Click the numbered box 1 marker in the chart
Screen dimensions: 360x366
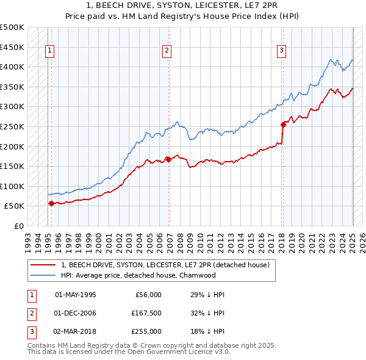pyautogui.click(x=49, y=51)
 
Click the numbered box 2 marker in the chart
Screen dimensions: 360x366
pyautogui.click(x=166, y=51)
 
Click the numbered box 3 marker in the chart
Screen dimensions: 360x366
pyautogui.click(x=282, y=51)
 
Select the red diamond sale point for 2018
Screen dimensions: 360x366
pyautogui.click(x=283, y=124)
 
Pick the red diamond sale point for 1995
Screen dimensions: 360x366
pyautogui.click(x=51, y=204)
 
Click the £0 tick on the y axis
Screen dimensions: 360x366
pyautogui.click(x=20, y=226)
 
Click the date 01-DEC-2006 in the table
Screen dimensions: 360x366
pyautogui.click(x=76, y=313)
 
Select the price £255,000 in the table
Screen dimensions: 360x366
pyautogui.click(x=146, y=331)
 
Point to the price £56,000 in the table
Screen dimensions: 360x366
pyautogui.click(x=148, y=295)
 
